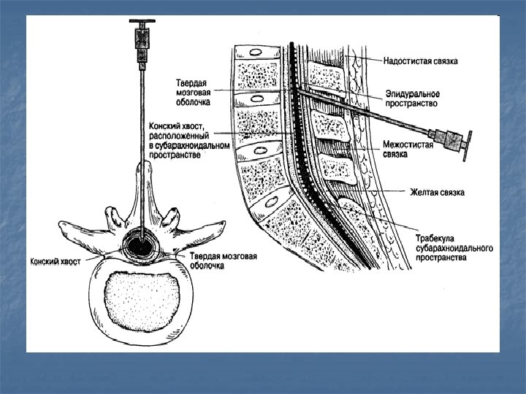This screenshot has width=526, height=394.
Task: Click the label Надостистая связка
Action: (421, 61)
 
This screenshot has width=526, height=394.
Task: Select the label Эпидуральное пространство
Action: (412, 99)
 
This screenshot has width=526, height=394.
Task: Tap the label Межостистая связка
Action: (408, 150)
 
